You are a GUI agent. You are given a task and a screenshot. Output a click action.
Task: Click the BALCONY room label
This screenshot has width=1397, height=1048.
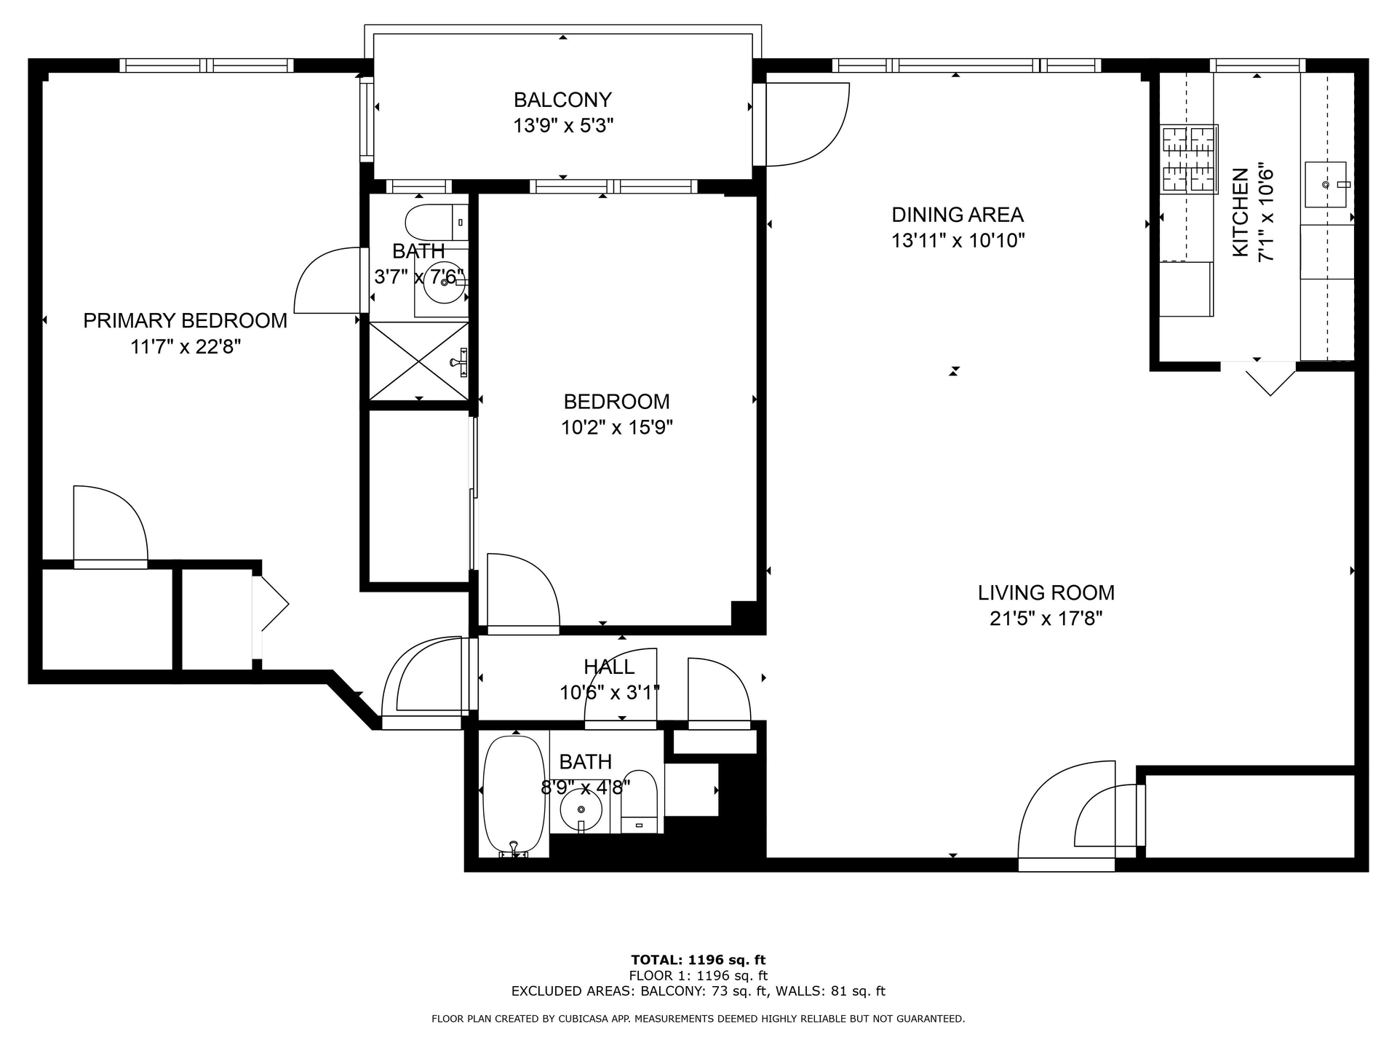[562, 99]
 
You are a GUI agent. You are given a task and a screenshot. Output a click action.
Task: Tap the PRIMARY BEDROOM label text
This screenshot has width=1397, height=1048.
[185, 320]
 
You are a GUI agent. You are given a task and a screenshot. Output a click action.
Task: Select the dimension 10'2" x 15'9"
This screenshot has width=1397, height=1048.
[616, 427]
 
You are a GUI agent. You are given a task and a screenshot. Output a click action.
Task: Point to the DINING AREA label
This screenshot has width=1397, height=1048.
[958, 215]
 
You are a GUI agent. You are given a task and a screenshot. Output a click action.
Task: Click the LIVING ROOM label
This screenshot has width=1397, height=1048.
[1046, 592]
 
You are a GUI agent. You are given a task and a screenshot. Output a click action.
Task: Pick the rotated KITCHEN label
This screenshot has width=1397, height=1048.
[1240, 213]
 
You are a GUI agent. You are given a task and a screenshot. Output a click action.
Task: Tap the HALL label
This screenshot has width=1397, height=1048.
[609, 667]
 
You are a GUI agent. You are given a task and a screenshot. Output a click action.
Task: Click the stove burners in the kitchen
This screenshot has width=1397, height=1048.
[1189, 159]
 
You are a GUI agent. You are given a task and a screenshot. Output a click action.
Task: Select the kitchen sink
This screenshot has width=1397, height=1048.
[1326, 184]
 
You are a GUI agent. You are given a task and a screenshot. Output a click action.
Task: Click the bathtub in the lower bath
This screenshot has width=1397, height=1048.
[514, 797]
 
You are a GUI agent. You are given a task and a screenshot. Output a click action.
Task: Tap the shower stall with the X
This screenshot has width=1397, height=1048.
[418, 361]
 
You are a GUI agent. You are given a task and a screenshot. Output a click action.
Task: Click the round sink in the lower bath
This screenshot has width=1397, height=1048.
[581, 809]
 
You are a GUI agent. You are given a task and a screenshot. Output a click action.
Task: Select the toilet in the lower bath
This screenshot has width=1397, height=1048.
[640, 801]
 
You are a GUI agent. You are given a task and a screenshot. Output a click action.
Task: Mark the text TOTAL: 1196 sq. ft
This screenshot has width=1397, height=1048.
[698, 960]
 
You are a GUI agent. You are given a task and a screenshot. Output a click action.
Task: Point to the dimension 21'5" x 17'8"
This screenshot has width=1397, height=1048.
[1046, 619]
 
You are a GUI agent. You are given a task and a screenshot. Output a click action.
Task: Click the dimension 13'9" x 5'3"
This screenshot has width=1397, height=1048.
[563, 126]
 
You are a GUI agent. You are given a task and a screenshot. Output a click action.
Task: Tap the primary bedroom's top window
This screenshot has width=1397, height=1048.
[207, 65]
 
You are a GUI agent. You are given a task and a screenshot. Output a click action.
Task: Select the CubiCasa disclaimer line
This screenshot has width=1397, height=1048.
[698, 1019]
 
